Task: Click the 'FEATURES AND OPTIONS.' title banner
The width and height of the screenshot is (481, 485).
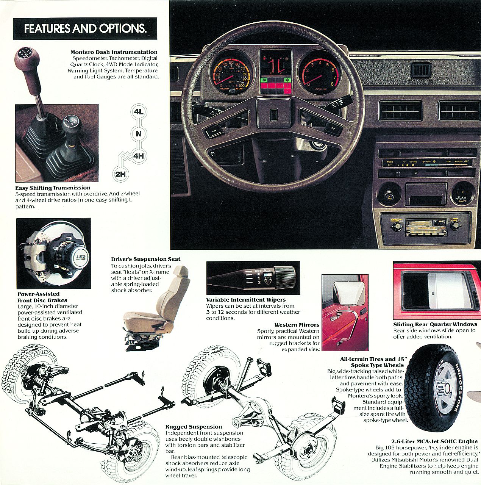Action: (85, 29)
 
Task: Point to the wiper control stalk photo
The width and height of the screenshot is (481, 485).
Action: (251, 275)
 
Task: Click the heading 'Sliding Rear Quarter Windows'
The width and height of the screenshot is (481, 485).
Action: (435, 324)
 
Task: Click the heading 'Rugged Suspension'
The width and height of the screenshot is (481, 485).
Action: (194, 427)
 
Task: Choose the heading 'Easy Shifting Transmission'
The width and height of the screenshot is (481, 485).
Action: (53, 188)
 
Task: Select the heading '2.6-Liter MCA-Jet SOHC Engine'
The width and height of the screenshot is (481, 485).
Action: (435, 441)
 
